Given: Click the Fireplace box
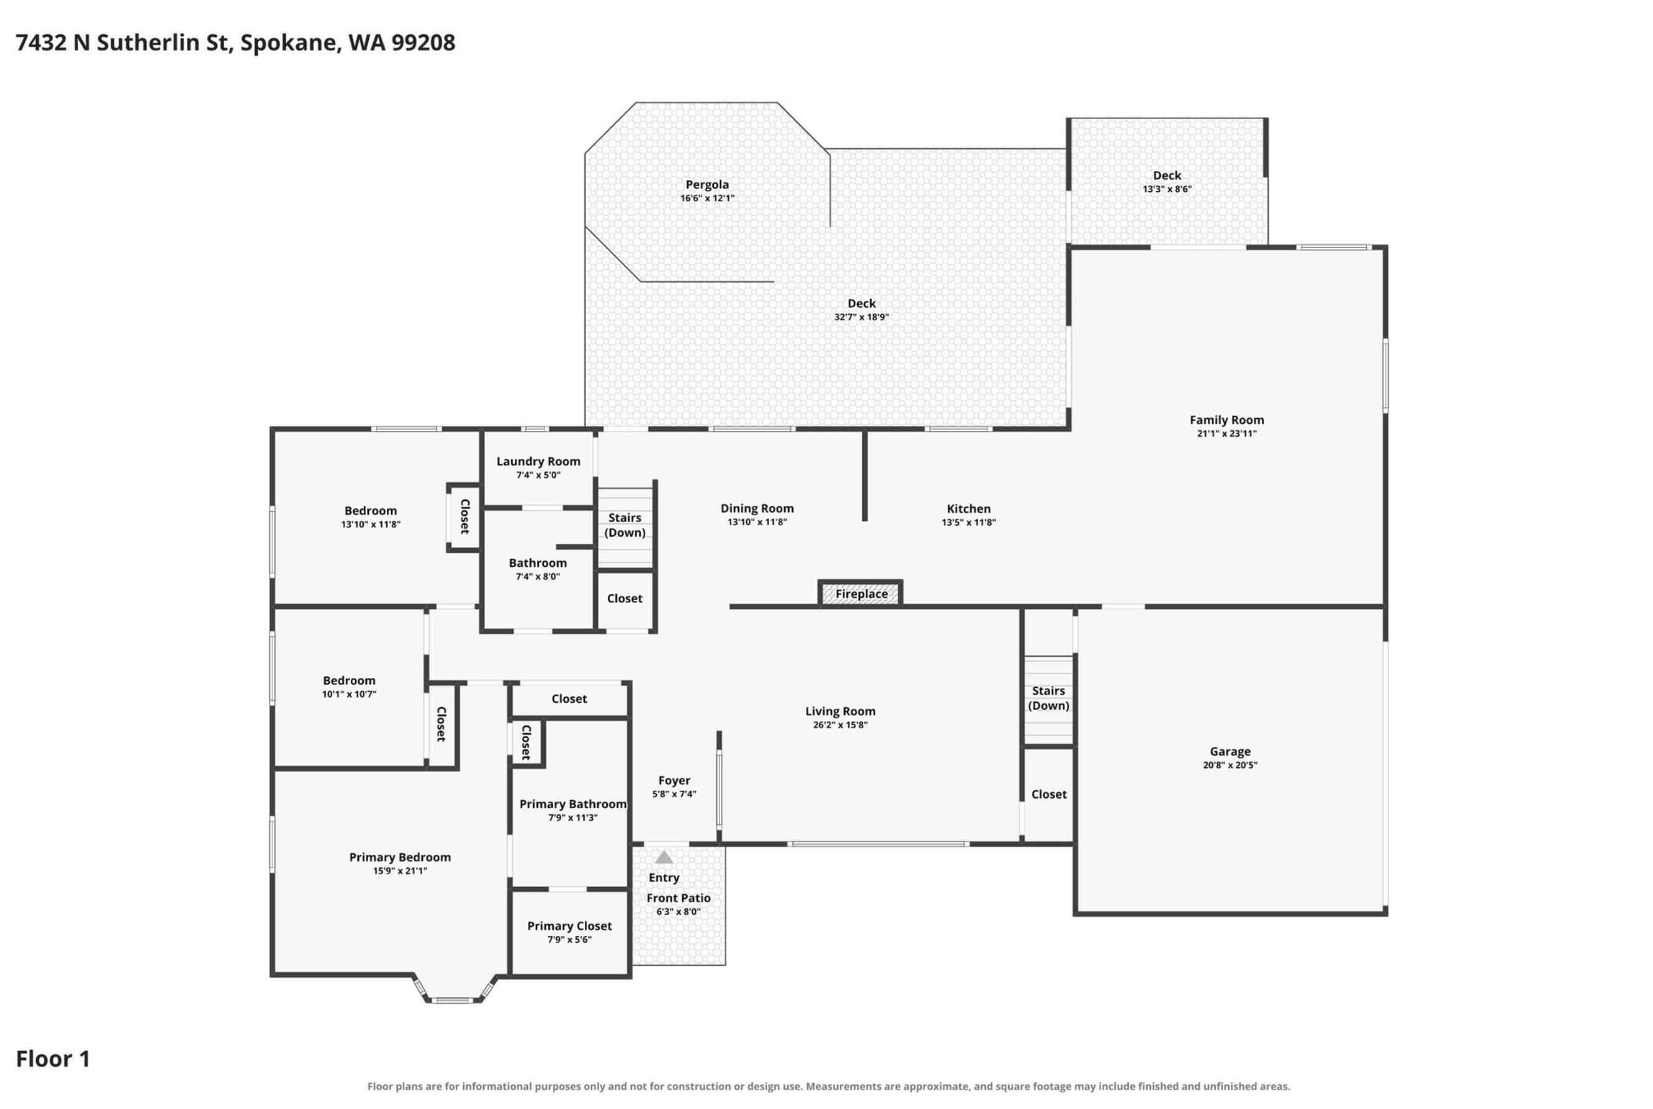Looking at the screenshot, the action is [860, 593].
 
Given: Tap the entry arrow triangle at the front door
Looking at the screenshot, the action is [663, 857].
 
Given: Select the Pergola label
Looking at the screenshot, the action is [707, 184].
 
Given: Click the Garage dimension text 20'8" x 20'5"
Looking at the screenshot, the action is [1230, 764].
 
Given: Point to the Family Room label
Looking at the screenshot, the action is [1226, 420].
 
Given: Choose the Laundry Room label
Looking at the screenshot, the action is [538, 462].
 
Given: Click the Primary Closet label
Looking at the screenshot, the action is [570, 926].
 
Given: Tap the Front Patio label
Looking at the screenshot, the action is [679, 898].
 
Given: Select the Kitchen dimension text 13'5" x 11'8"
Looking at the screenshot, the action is [969, 523].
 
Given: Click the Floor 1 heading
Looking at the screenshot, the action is [53, 1058].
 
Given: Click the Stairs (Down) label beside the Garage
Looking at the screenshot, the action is [1048, 698].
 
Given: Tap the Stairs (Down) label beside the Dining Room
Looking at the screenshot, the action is [625, 525].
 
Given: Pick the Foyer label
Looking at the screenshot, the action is [675, 781].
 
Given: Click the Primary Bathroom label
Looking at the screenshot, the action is [572, 804].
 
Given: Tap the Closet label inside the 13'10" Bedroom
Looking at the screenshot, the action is [465, 516].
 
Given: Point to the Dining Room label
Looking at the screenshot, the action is [757, 508].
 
